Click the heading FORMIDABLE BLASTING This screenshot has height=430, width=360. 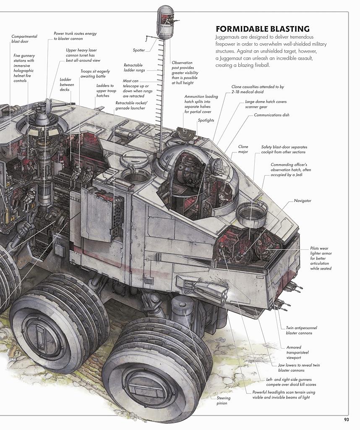point(263,29)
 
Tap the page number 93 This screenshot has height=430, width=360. point(346,420)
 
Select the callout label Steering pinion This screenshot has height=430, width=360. point(224,400)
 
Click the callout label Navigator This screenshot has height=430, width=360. point(303,201)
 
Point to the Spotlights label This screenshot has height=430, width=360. point(206,121)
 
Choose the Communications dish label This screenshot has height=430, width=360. point(271,115)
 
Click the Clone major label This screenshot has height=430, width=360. point(243,149)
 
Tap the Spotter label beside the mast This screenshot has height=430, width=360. point(138,50)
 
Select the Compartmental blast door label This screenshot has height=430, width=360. point(24,39)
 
